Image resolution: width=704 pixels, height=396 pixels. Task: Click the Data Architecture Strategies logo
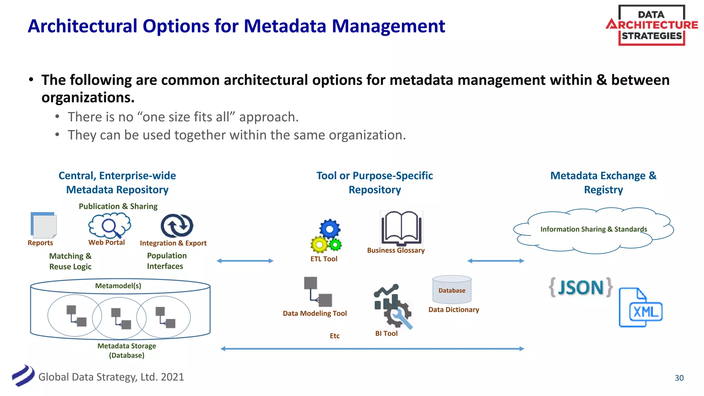(x=651, y=25)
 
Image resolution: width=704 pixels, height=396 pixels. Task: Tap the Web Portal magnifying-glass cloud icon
(x=110, y=225)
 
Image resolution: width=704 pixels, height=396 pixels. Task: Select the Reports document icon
(x=43, y=225)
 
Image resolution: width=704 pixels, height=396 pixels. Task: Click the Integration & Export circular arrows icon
(x=177, y=226)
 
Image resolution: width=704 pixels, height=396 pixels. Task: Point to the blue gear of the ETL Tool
(x=330, y=229)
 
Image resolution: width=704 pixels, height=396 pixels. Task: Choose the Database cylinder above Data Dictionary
(x=452, y=289)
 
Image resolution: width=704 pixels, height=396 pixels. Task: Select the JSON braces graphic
(x=581, y=287)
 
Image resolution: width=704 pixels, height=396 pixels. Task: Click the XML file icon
(x=640, y=308)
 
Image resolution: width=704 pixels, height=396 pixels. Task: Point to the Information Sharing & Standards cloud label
(x=594, y=229)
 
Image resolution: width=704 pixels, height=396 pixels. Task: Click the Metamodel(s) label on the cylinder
(x=118, y=286)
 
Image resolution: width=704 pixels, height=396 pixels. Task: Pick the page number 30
(x=679, y=378)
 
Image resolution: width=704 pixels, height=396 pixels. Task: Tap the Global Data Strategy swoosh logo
(x=23, y=376)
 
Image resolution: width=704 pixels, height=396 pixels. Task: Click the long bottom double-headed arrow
(x=372, y=349)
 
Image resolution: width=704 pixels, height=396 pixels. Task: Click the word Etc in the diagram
(x=334, y=336)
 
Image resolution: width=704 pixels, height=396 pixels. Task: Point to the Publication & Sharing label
(x=118, y=206)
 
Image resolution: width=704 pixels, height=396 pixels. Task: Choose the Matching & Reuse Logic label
(x=70, y=261)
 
